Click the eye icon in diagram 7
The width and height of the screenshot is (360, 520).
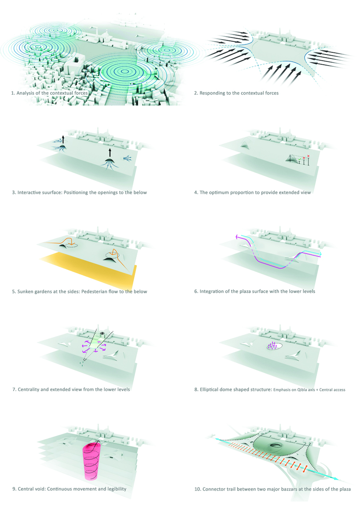coord(103,333)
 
